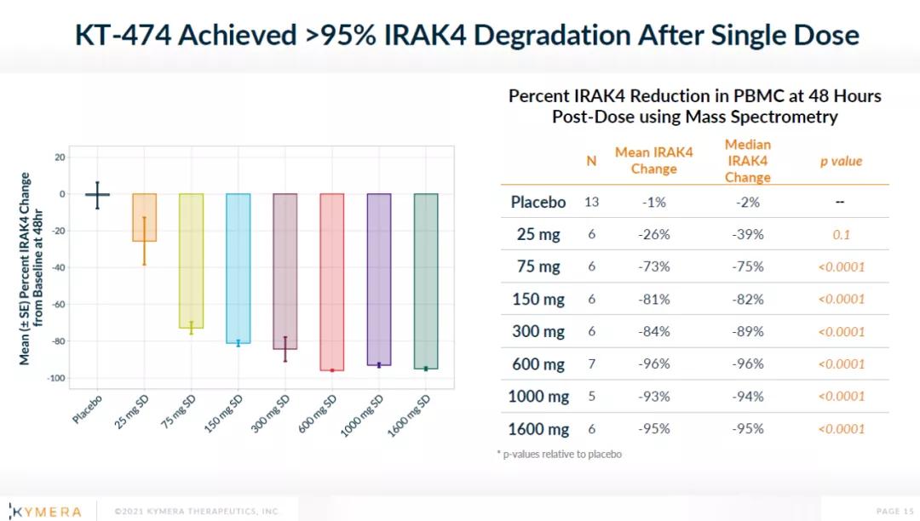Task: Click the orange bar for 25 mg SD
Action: click(x=144, y=217)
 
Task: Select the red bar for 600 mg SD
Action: click(x=332, y=282)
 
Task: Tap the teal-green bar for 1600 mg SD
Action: click(x=426, y=281)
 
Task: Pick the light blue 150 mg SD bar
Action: click(x=239, y=268)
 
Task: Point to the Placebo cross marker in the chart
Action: click(x=97, y=195)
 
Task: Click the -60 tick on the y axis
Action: click(x=58, y=304)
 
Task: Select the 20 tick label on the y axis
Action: click(x=60, y=157)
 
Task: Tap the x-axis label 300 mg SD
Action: click(x=271, y=413)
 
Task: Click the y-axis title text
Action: click(x=32, y=268)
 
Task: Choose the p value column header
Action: click(x=841, y=161)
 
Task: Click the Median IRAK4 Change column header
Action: click(x=748, y=161)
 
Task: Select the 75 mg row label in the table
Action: click(x=538, y=266)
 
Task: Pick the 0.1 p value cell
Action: click(x=842, y=235)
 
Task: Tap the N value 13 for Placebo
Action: click(x=591, y=203)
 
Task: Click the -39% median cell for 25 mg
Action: click(x=748, y=235)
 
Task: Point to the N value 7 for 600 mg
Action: click(x=591, y=364)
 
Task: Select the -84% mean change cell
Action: click(x=654, y=332)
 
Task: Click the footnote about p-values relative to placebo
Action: click(x=559, y=455)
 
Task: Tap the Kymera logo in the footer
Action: click(x=46, y=512)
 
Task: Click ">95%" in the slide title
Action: click(x=340, y=35)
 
